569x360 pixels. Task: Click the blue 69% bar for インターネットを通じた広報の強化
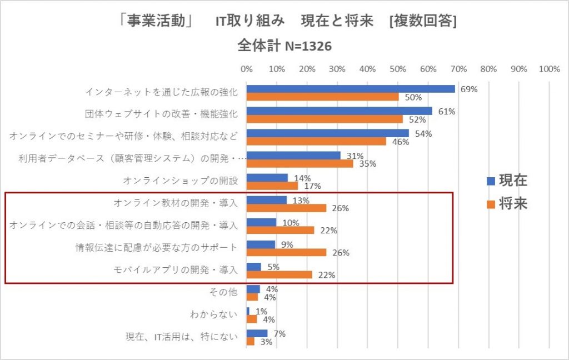(x=350, y=89)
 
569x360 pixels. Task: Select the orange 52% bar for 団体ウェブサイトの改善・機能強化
(x=325, y=119)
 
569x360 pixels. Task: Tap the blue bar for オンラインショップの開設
(x=267, y=178)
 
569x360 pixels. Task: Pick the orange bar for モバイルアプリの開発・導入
(x=279, y=274)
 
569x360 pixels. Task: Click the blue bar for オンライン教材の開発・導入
(x=266, y=200)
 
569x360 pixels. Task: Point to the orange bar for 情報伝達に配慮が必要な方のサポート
(x=286, y=252)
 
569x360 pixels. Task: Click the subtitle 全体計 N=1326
(x=284, y=46)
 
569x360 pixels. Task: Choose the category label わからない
(x=214, y=315)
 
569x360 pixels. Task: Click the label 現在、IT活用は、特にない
(x=182, y=337)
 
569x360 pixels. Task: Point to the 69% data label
(x=469, y=89)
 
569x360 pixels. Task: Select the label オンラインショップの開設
(x=180, y=181)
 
